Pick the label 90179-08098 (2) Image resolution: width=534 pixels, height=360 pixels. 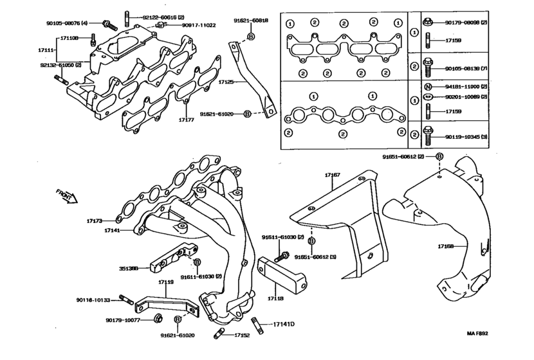pos(466,22)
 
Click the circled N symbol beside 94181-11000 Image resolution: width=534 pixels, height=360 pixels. pos(427,86)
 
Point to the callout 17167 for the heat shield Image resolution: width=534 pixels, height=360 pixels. pos(333,175)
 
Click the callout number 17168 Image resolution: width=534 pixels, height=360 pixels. pos(447,246)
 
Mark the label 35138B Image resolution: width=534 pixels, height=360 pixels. pos(128,269)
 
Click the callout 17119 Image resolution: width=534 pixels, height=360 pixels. pos(166,282)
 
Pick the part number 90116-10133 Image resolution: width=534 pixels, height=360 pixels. pos(93,300)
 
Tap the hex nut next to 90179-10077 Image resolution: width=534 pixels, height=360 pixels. pos(157,318)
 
